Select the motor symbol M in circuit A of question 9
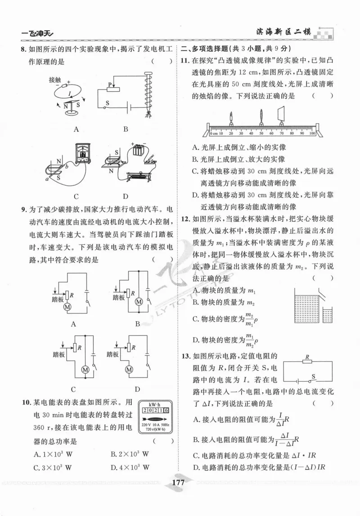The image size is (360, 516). coord(68,306)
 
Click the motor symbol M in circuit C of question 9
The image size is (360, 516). coord(84,370)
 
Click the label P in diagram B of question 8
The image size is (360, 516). coord(109,85)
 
